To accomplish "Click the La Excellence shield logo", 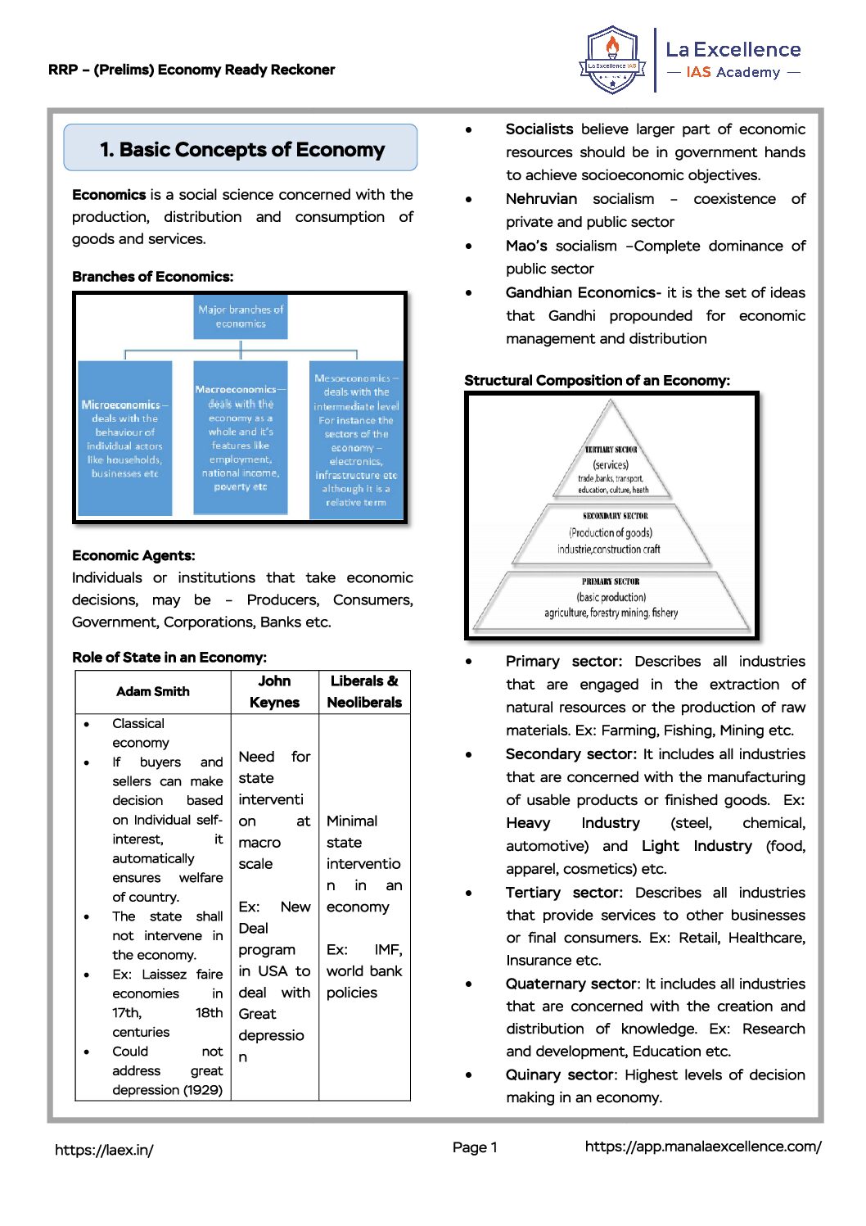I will click(612, 61).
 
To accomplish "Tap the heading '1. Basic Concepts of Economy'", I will click(241, 150).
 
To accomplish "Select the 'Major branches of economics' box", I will click(241, 317).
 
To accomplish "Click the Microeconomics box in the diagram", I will click(125, 438).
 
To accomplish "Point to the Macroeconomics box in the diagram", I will click(241, 438).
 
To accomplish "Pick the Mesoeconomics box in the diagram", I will click(356, 440).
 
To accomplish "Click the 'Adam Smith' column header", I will click(153, 692).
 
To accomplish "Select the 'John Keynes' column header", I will click(274, 692).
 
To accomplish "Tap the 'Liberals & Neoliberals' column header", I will click(364, 692).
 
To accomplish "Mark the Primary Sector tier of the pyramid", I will click(611, 598).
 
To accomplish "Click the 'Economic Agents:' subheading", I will click(133, 556).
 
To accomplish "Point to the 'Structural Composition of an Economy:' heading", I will click(597, 381).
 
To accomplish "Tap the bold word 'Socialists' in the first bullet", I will click(539, 129).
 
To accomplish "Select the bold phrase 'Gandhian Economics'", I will click(580, 293).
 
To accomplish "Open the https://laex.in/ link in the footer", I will click(104, 1150).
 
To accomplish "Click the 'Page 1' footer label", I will click(475, 1147).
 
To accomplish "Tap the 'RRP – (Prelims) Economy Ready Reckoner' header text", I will click(192, 70).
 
